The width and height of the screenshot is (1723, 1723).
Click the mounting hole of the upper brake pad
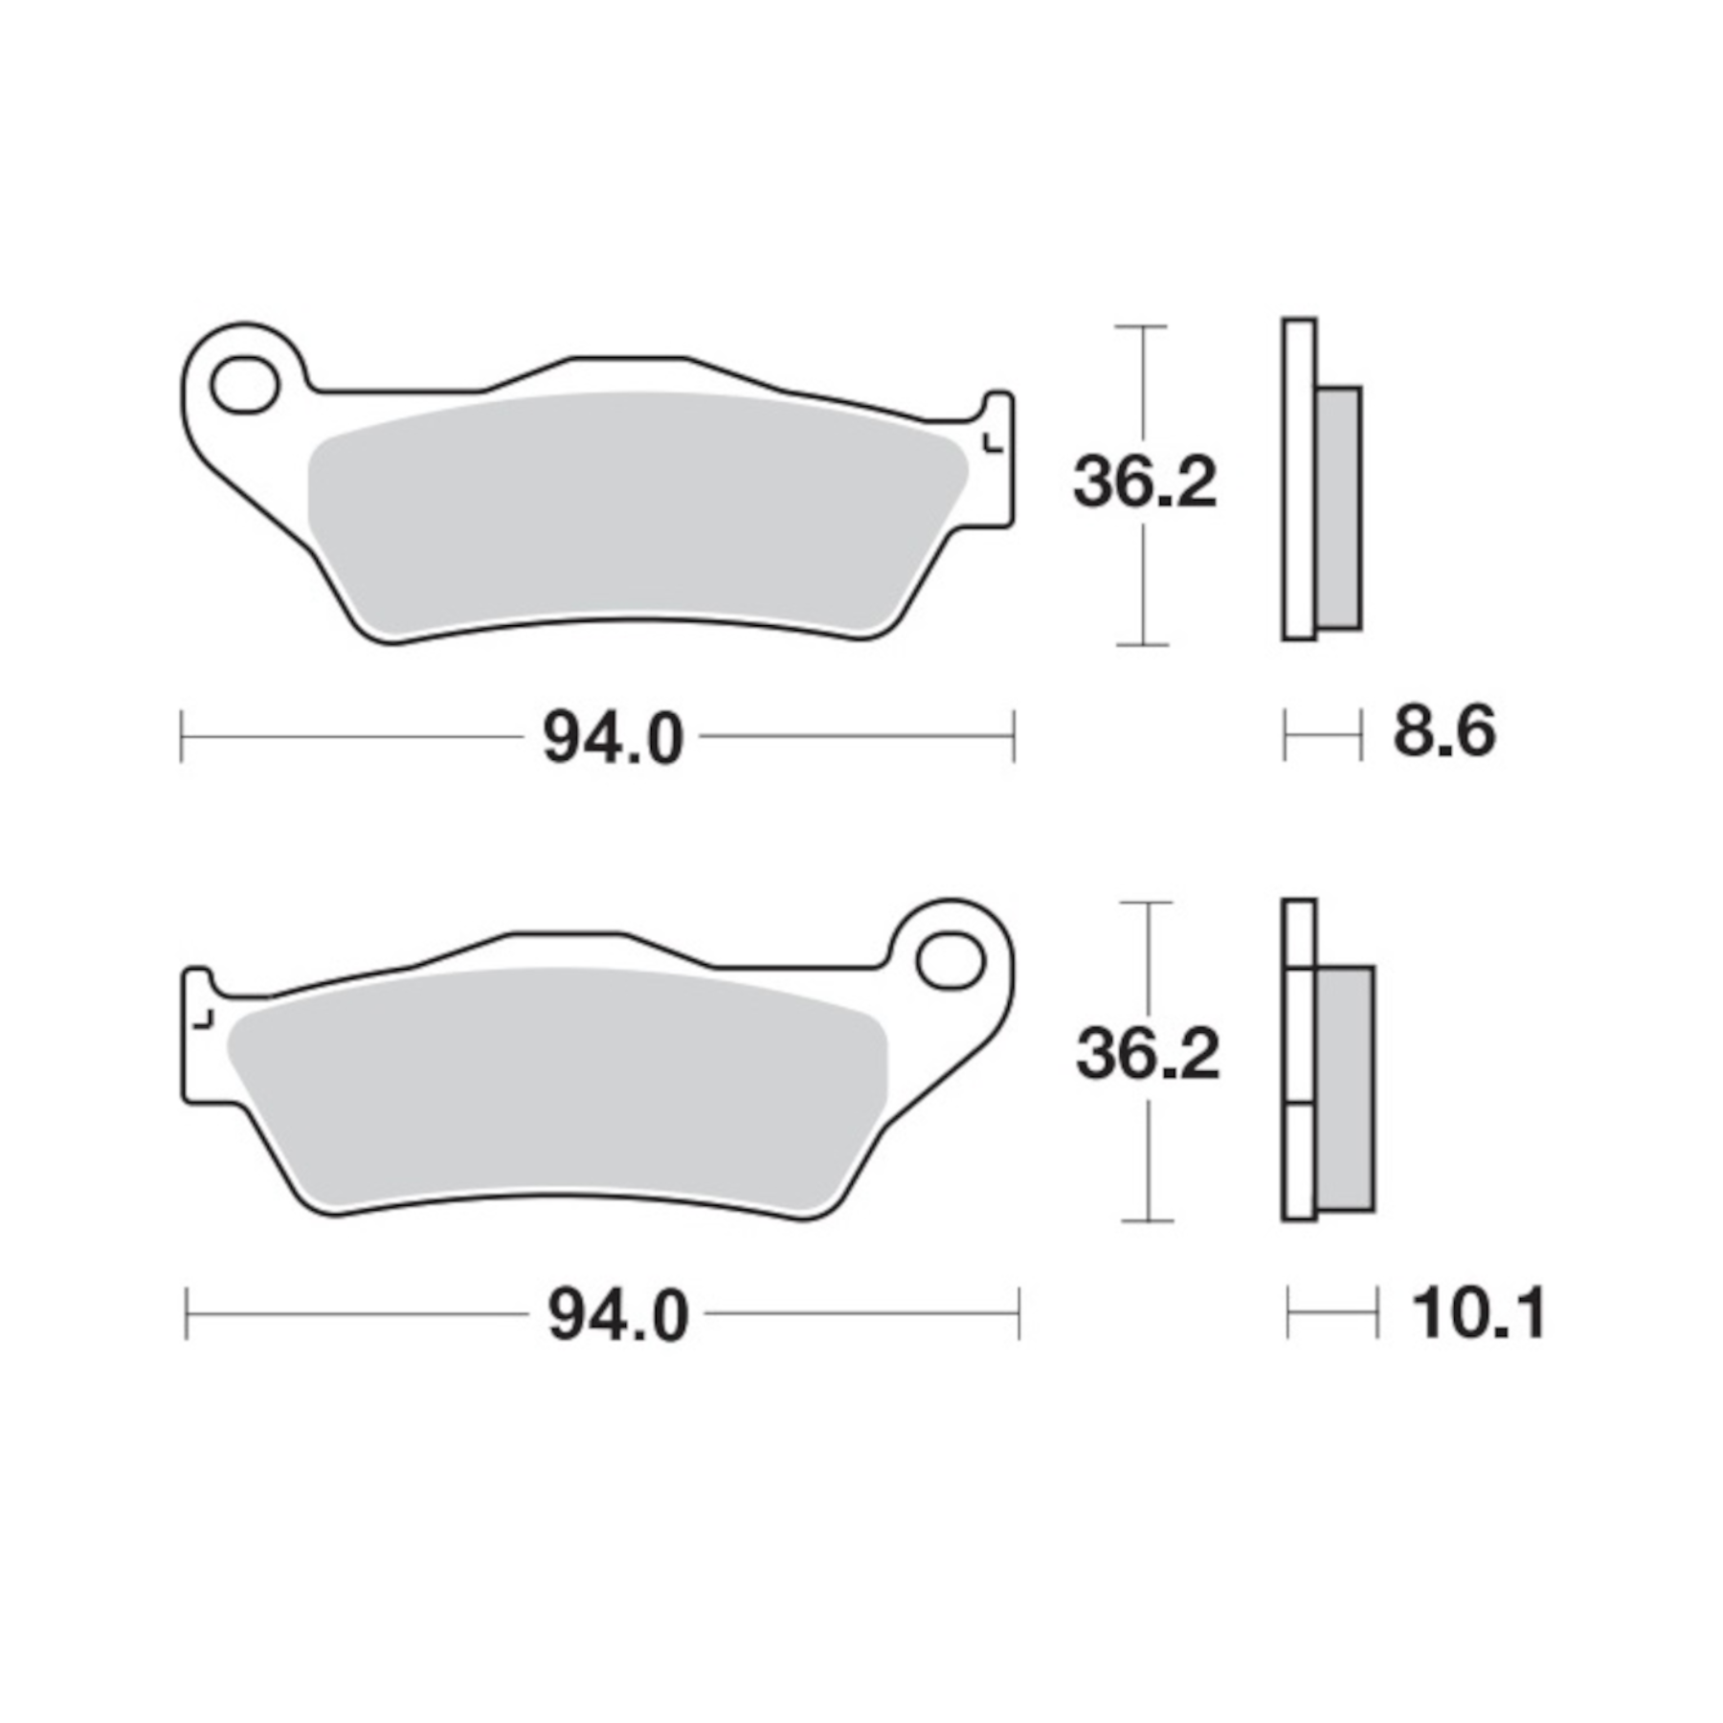pyautogui.click(x=245, y=386)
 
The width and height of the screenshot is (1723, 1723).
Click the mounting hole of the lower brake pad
pyautogui.click(x=950, y=960)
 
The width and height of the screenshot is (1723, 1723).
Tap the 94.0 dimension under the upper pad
pyautogui.click(x=614, y=739)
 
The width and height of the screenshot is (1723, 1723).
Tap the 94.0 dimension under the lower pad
pyautogui.click(x=618, y=1315)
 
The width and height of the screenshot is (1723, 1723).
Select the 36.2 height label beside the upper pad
pyautogui.click(x=1144, y=482)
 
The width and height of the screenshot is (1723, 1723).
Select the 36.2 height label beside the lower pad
pyautogui.click(x=1148, y=1055)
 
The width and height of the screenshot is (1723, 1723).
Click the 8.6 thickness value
pyautogui.click(x=1443, y=732)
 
